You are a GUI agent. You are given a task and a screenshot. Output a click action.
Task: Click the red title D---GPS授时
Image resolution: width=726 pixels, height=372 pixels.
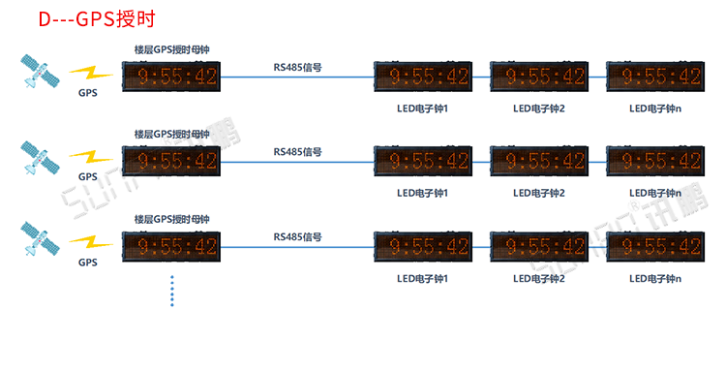[x=97, y=19]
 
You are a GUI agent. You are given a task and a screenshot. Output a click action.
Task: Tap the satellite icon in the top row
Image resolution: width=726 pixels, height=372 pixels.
[x=40, y=71]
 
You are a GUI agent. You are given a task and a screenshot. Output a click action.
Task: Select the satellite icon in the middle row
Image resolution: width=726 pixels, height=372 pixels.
[x=40, y=158]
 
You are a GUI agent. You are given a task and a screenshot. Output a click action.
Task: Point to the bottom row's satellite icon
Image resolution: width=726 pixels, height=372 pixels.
[x=40, y=238]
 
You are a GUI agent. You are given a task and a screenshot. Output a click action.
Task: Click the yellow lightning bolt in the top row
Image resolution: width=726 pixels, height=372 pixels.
[x=91, y=74]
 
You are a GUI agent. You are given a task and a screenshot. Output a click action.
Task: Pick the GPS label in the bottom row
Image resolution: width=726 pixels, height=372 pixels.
[x=88, y=263]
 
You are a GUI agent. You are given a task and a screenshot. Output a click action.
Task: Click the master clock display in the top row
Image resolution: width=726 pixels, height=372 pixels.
[x=171, y=77]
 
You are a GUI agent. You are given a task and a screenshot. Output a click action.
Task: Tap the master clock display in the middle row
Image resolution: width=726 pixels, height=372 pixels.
[x=171, y=161]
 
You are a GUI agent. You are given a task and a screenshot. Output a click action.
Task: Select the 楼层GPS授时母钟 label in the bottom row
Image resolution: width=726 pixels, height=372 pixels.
[x=171, y=219]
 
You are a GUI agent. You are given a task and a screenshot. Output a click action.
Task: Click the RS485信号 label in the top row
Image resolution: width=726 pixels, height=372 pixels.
[x=297, y=67]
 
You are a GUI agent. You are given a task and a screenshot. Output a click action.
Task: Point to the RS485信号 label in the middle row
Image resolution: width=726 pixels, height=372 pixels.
[x=297, y=152]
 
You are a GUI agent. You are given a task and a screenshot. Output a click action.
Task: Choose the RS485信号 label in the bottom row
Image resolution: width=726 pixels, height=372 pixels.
[x=297, y=237]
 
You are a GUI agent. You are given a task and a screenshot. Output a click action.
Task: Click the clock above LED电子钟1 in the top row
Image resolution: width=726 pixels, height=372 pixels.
[x=423, y=77]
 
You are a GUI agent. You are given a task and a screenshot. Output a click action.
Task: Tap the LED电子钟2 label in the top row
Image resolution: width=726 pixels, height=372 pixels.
[x=539, y=108]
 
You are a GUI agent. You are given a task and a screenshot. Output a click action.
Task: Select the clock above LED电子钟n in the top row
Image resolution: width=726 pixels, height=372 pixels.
[x=655, y=77]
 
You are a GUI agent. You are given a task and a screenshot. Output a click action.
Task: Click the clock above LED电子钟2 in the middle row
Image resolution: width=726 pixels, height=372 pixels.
[x=539, y=161]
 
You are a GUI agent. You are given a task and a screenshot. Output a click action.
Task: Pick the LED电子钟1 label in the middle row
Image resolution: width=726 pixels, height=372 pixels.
[x=422, y=193]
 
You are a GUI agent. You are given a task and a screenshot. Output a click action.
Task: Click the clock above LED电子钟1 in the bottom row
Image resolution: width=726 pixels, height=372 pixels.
[x=423, y=246]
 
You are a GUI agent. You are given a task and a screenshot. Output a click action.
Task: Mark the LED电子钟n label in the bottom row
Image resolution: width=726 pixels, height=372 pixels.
[x=655, y=279]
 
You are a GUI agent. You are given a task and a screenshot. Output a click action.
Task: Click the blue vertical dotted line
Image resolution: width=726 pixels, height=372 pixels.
[x=172, y=291]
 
